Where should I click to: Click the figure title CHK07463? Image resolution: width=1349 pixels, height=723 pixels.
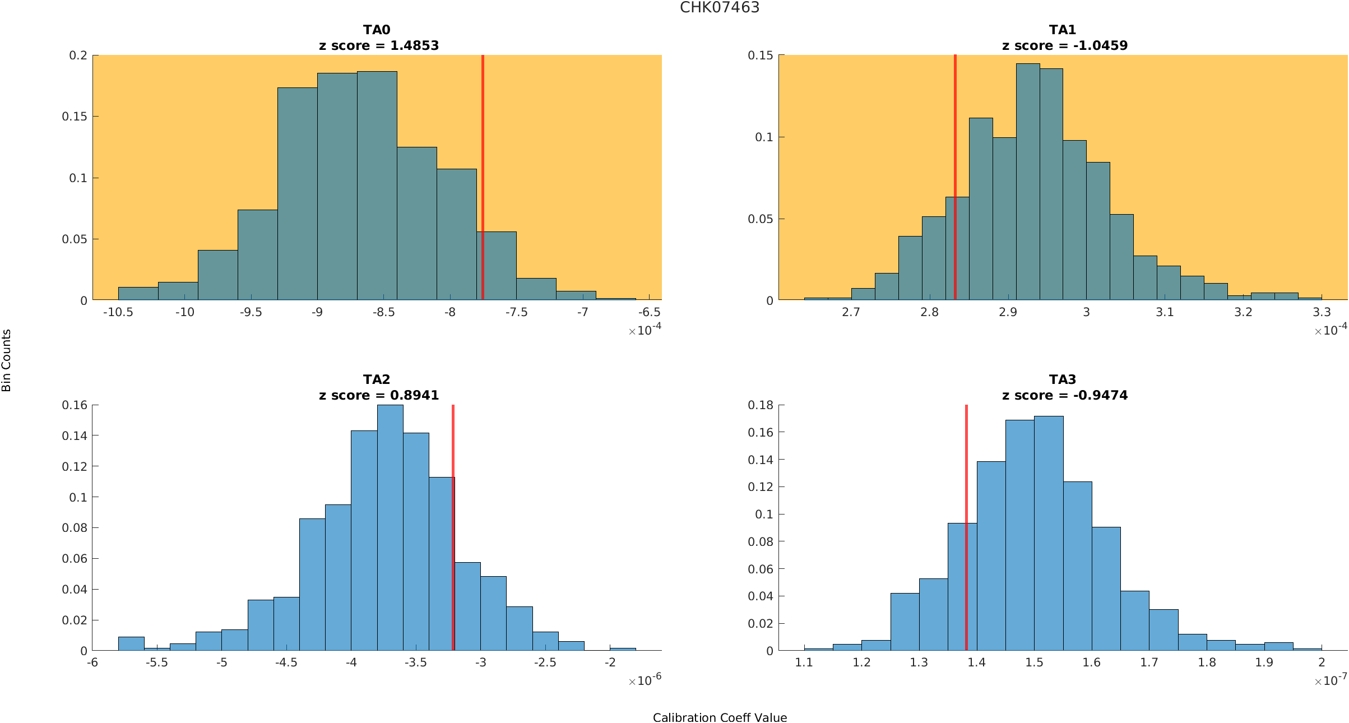tap(720, 7)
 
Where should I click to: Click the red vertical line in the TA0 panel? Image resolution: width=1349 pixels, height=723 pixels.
tap(483, 168)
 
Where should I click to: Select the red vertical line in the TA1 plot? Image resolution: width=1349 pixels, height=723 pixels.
tap(955, 168)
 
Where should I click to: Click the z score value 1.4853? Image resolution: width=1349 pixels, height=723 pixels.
tap(414, 45)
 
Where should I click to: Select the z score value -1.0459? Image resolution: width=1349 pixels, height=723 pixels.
tap(1100, 45)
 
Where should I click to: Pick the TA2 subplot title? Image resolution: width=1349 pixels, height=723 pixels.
tap(377, 379)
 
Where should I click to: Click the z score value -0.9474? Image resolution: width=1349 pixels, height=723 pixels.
tap(1100, 395)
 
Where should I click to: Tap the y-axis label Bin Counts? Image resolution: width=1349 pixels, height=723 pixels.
tap(6, 360)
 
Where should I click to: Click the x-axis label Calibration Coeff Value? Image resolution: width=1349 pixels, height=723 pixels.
tap(720, 717)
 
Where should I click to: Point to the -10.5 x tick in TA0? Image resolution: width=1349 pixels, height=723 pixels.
tap(118, 312)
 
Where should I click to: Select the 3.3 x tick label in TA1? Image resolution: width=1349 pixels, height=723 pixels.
tap(1322, 312)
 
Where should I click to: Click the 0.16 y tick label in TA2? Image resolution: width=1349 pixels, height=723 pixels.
tap(75, 405)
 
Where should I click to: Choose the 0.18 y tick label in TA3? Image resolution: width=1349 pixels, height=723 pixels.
tap(760, 405)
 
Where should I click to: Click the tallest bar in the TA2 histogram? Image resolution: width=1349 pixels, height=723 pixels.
tap(390, 527)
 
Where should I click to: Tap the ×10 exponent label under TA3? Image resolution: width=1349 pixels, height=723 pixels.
tap(1330, 680)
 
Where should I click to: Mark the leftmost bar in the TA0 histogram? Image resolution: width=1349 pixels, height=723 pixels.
tap(138, 294)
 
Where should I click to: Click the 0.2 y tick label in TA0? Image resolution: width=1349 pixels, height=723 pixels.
tap(78, 55)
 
